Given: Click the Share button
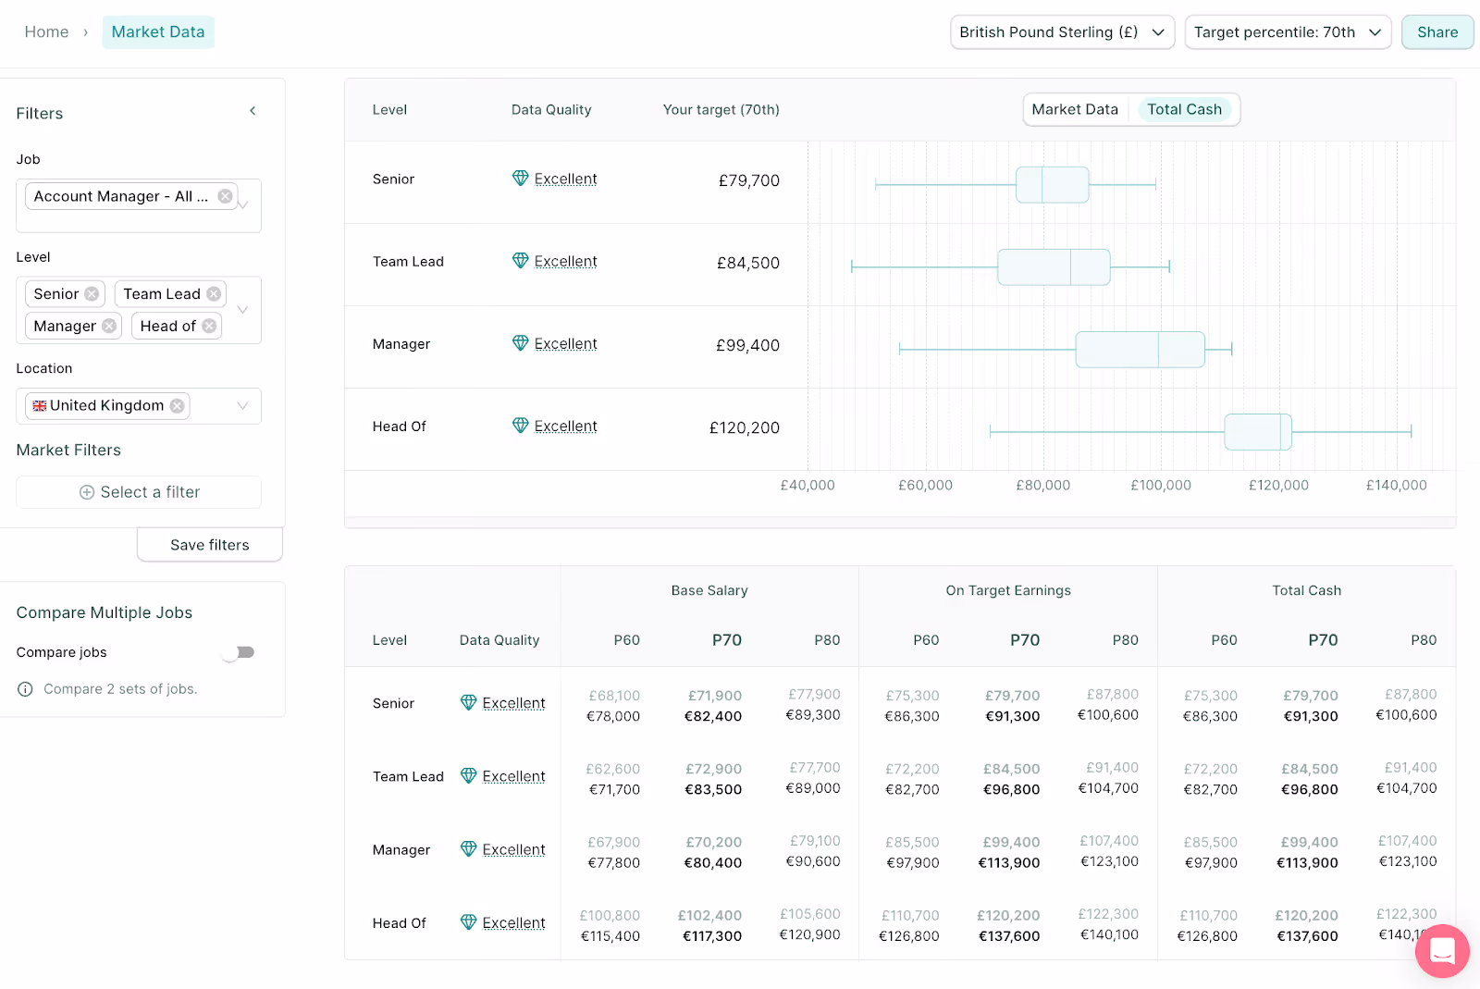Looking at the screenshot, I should [1437, 32].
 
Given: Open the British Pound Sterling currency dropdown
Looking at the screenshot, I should [1062, 32].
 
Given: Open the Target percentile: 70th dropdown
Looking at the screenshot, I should [1287, 32].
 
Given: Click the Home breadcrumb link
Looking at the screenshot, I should [46, 32].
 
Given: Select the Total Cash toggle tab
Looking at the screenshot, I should [1184, 109].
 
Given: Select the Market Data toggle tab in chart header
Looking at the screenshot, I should [1074, 109].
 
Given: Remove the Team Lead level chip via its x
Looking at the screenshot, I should [214, 294].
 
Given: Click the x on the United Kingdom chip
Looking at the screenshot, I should [177, 406].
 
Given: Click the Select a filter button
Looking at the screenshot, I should [139, 492].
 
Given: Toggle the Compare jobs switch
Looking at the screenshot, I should [240, 652].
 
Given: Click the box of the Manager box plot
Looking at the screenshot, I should [1140, 350].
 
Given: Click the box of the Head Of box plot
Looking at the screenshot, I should [1257, 432].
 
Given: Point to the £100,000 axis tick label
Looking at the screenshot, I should [1160, 486].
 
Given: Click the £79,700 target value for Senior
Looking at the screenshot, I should [748, 180].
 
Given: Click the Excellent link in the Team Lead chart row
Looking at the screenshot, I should [565, 262].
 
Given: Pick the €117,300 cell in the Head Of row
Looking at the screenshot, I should [712, 936].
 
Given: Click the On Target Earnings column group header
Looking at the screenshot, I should [1007, 591].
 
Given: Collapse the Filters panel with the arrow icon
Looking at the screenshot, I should [253, 111].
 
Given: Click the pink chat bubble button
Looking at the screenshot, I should [1441, 951].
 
